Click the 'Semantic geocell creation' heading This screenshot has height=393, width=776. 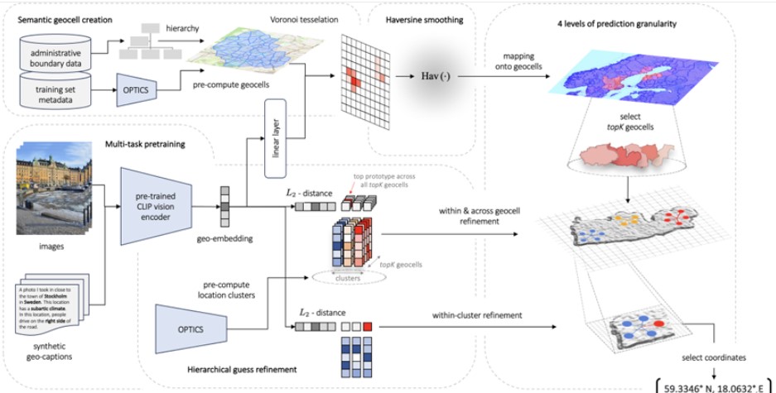tap(67, 19)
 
